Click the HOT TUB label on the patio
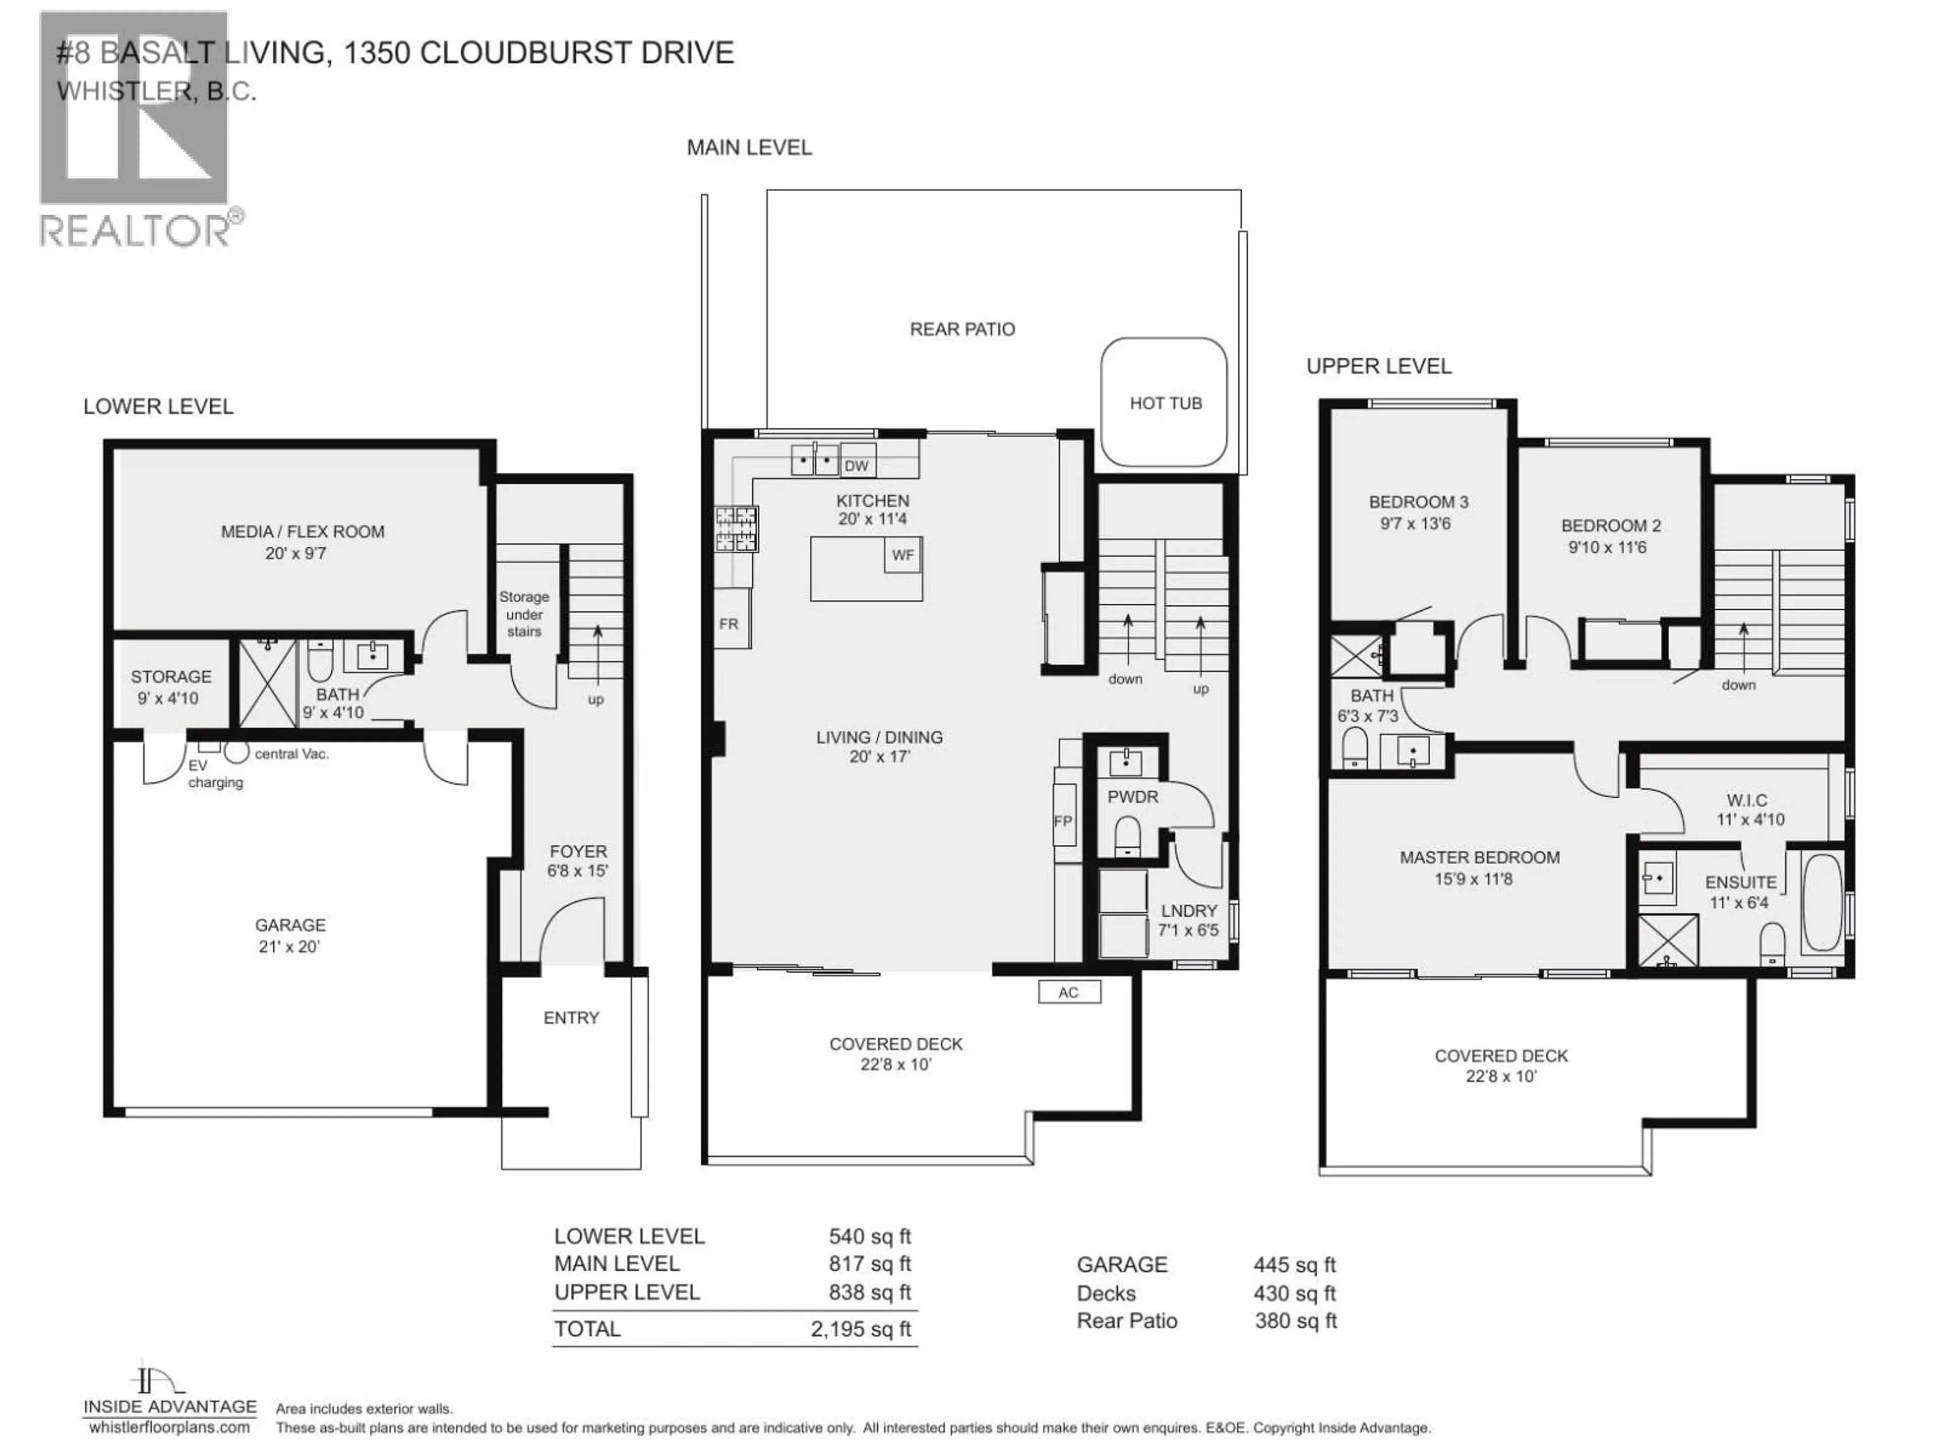(1165, 404)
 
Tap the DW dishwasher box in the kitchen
(855, 466)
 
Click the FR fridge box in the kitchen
(729, 624)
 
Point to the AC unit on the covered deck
(1068, 992)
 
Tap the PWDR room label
(1132, 796)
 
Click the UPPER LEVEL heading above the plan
(1379, 367)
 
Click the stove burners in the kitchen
(736, 529)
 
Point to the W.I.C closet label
(1746, 800)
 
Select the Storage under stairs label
(523, 614)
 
